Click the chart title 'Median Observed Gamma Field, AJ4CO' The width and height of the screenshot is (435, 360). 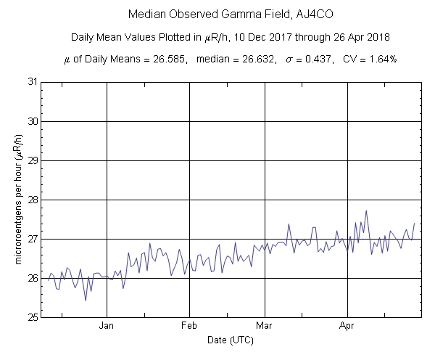217,15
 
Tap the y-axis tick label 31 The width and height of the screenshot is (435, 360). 31,82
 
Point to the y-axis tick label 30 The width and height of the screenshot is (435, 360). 31,121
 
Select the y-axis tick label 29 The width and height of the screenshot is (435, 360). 31,160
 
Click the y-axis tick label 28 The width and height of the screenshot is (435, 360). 31,200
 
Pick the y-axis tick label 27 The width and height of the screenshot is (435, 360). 31,239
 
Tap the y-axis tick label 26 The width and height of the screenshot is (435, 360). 31,278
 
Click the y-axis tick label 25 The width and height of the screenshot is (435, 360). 31,317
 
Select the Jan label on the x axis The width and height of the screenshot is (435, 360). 107,327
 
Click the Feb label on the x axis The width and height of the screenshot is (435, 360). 190,327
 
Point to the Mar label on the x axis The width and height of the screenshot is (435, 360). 265,327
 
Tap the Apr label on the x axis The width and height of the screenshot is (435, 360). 349,327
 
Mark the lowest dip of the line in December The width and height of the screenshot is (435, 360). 86,300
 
